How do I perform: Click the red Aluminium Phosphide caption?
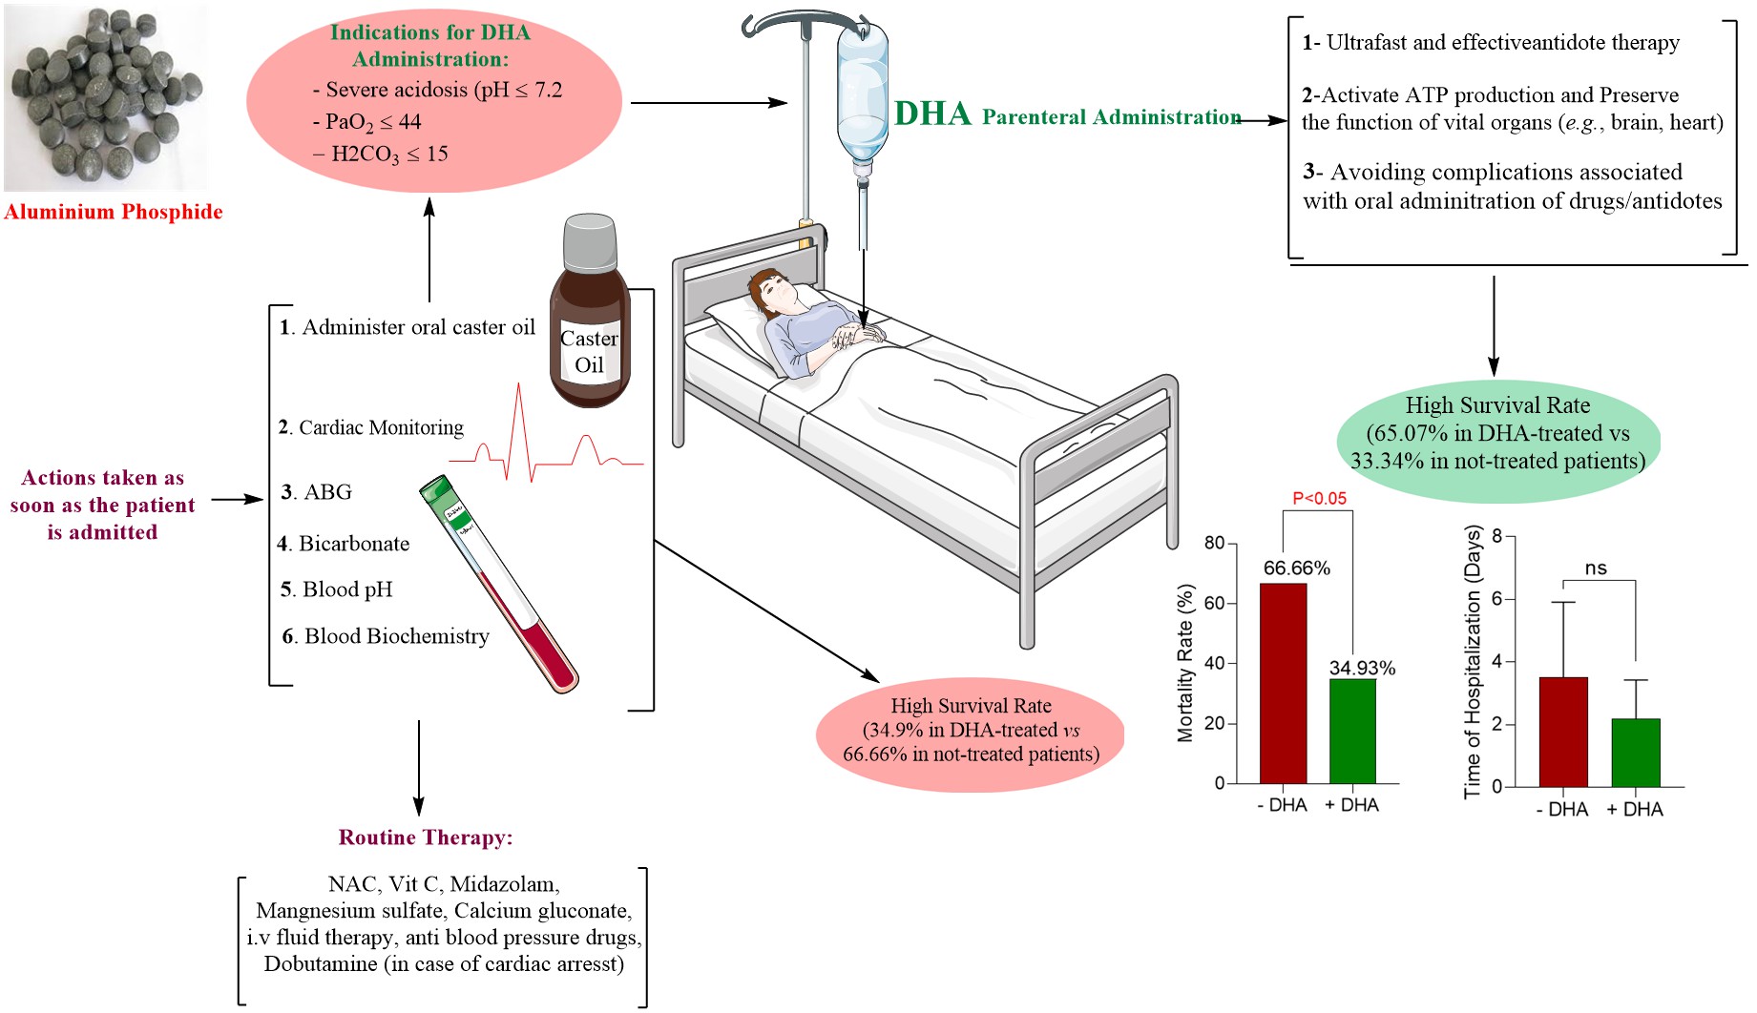click(x=113, y=212)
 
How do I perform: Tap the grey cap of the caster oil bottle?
click(x=590, y=241)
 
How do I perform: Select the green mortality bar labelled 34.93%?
click(x=1352, y=731)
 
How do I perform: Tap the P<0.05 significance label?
click(x=1319, y=498)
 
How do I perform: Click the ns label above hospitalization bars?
click(x=1596, y=569)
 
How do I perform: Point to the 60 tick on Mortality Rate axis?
click(x=1214, y=603)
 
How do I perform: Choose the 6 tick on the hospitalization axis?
click(x=1497, y=599)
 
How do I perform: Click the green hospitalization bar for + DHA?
click(x=1636, y=753)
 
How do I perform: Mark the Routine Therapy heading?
click(x=426, y=837)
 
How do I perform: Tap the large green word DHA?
click(x=932, y=114)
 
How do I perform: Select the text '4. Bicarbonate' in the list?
click(x=344, y=544)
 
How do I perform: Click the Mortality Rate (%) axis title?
click(x=1185, y=663)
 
